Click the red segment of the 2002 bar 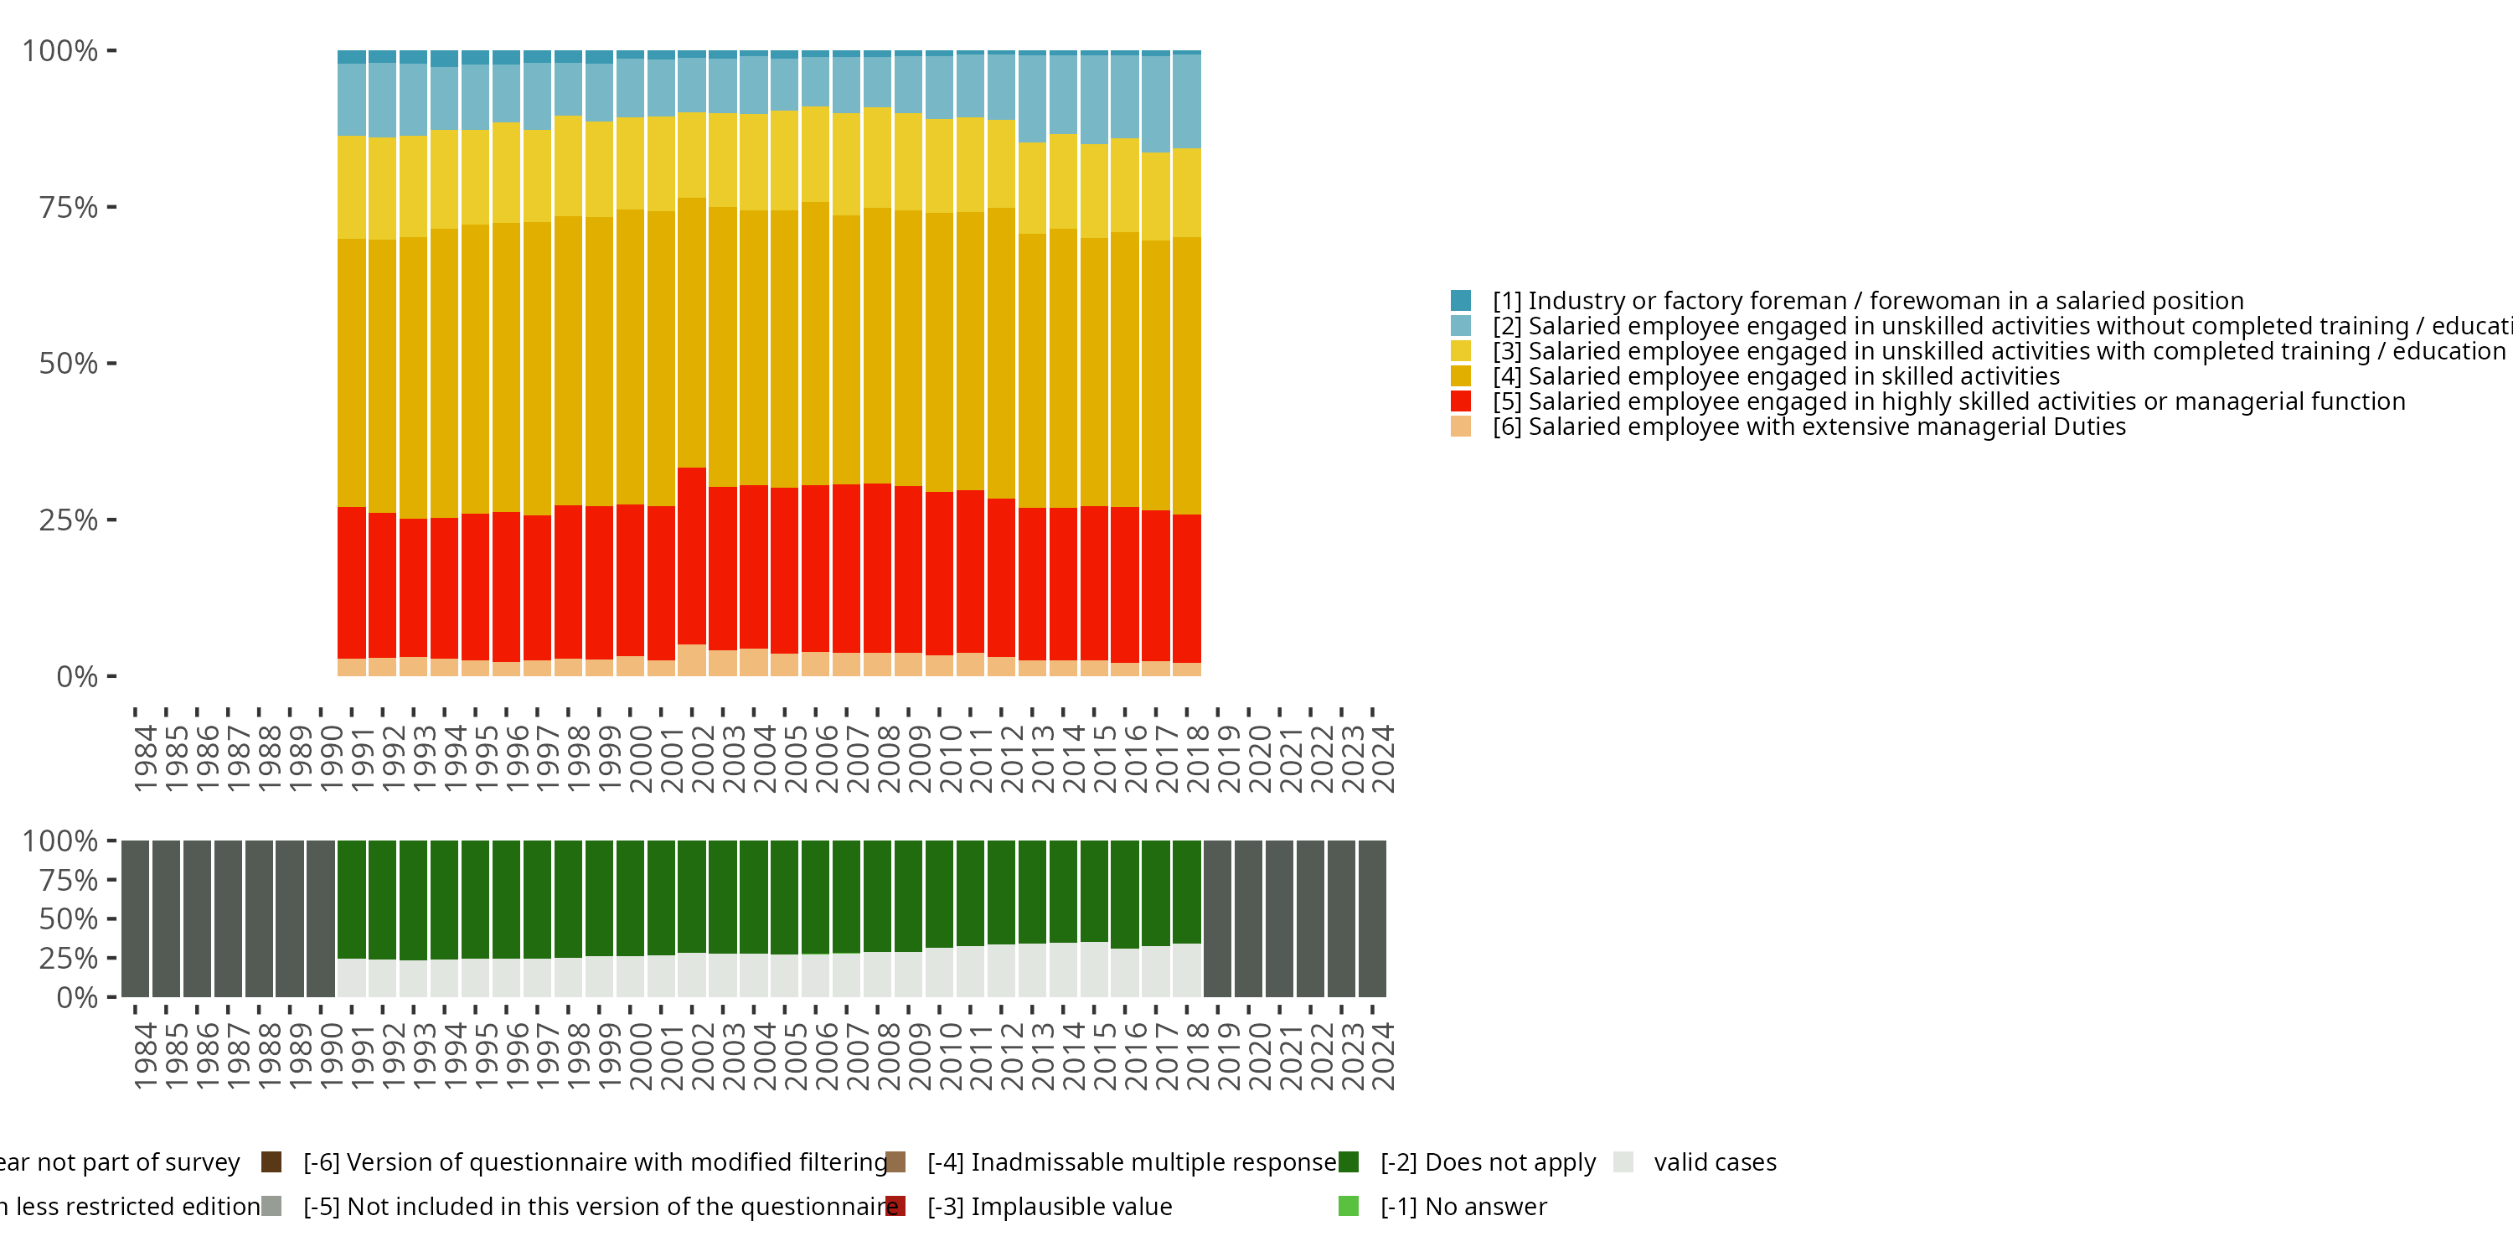(692, 556)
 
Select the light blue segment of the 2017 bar (1156, 103)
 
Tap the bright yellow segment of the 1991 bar (351, 188)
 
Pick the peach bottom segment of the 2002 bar (692, 660)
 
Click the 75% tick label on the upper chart (69, 207)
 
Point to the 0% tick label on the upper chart (77, 676)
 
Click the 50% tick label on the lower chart (69, 919)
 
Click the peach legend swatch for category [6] (1460, 427)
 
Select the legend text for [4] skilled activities (1776, 375)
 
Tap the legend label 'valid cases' (1715, 1162)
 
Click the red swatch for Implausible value (895, 1206)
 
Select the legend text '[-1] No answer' (1463, 1206)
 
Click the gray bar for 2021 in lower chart (1280, 918)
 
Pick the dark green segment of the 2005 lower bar (784, 897)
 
